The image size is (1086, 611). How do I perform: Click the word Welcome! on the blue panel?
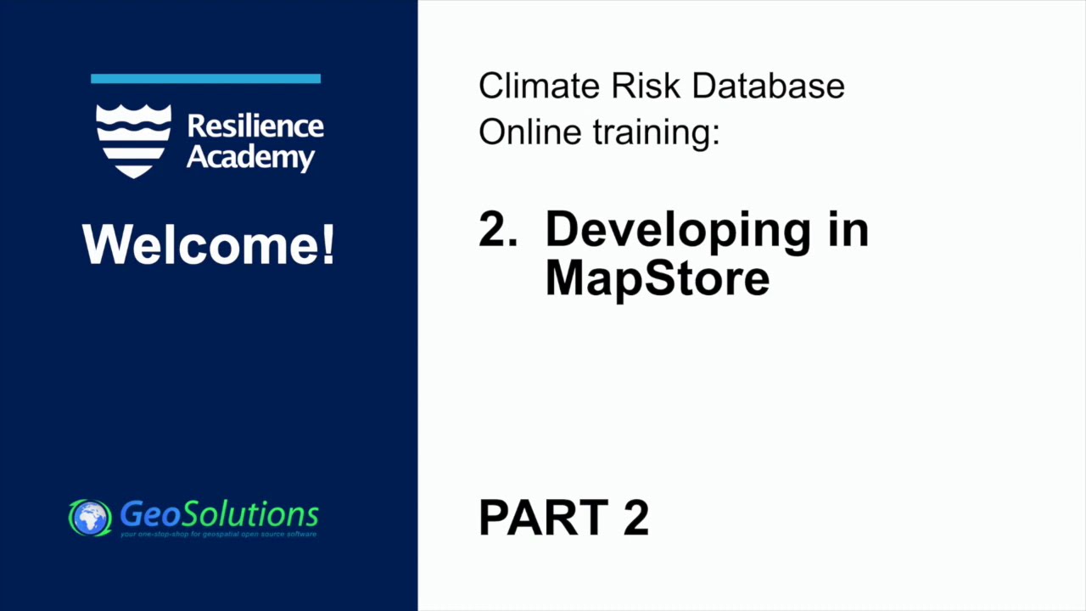coord(208,244)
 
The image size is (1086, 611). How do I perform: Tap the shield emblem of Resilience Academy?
coord(133,140)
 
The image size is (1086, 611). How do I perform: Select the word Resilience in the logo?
coord(255,126)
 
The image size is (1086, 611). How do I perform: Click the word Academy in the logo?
coord(250,158)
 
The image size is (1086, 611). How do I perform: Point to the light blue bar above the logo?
coord(205,79)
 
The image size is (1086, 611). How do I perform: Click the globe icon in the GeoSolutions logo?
coord(90,518)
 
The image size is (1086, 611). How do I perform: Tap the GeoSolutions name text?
coord(219,513)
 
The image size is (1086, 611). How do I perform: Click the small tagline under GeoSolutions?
coord(219,535)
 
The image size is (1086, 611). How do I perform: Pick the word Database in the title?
coord(768,86)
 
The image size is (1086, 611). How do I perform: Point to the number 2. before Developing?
coord(498,229)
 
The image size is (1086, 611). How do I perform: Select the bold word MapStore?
coord(657,277)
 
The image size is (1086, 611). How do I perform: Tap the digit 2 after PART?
coord(636,518)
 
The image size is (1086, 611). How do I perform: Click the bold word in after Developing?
coord(845,229)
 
